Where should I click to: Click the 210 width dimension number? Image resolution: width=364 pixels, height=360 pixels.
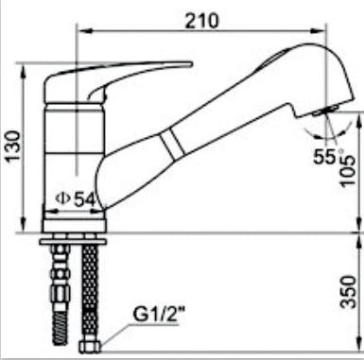[x=201, y=21]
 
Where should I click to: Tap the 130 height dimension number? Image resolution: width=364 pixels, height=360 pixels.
[x=14, y=146]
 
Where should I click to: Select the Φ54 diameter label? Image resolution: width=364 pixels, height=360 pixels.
[x=76, y=199]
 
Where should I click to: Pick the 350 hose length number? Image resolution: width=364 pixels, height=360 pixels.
[x=349, y=292]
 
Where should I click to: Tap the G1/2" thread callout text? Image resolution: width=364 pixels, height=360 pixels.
[x=159, y=315]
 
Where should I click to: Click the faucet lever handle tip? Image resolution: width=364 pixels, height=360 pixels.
[x=190, y=64]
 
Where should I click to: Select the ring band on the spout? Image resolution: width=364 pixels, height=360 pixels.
[x=172, y=144]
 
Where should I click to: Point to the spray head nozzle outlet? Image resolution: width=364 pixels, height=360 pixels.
[x=324, y=111]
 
